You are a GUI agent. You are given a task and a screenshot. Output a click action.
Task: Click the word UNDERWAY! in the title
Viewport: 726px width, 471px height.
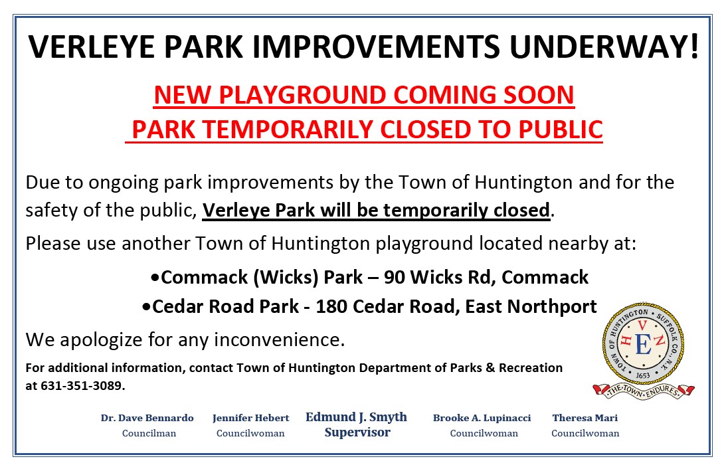(x=604, y=47)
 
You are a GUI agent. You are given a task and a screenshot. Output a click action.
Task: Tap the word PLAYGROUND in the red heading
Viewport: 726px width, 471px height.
(x=303, y=95)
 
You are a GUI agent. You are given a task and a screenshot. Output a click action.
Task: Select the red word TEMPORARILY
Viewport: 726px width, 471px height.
(x=287, y=130)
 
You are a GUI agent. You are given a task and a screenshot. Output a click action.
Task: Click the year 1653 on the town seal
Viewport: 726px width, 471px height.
(x=643, y=375)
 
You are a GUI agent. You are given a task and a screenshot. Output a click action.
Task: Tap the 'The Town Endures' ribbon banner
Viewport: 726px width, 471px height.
(x=644, y=391)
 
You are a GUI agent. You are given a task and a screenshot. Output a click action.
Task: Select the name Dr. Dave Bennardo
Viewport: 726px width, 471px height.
(x=147, y=418)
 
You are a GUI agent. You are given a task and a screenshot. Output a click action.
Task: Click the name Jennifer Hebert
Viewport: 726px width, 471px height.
(x=251, y=418)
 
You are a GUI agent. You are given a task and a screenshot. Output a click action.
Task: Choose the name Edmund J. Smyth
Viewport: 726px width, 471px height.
(x=356, y=417)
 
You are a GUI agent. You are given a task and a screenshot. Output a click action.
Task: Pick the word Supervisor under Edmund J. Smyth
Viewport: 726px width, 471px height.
(x=357, y=432)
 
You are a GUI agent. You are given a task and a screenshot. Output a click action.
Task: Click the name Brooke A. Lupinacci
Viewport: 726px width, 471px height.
(x=482, y=418)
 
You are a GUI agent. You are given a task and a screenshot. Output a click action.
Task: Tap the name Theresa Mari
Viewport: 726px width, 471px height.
(x=585, y=418)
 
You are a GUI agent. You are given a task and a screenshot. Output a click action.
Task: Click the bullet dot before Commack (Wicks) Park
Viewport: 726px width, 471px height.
(x=155, y=278)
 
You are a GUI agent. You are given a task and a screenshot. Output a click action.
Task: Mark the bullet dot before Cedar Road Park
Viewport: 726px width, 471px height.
(x=147, y=307)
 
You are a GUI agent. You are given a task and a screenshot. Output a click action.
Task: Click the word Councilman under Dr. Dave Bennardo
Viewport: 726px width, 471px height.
(x=149, y=434)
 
